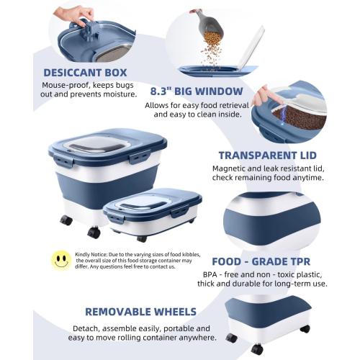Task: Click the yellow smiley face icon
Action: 60,260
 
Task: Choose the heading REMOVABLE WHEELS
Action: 140,312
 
